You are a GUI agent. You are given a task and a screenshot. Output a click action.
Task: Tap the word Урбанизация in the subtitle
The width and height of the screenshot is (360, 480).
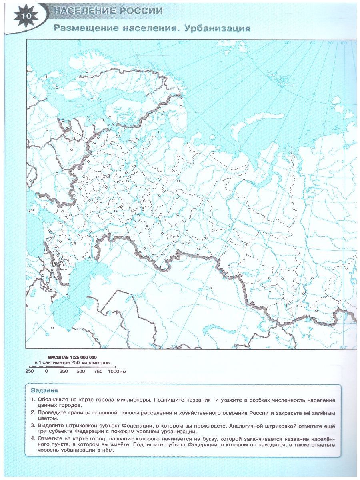click(216, 28)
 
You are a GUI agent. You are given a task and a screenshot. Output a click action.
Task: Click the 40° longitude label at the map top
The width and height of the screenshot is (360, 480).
click(287, 43)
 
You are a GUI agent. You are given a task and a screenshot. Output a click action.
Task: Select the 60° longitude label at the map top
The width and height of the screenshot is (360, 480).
click(313, 43)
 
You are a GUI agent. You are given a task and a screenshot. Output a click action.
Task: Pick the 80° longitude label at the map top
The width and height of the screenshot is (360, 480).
click(330, 43)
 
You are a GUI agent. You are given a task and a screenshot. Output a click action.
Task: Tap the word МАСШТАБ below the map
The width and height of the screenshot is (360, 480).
click(58, 357)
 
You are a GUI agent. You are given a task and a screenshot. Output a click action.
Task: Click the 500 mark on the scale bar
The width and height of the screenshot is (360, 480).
click(81, 372)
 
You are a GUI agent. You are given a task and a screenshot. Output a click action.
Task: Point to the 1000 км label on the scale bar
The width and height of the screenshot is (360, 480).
click(117, 372)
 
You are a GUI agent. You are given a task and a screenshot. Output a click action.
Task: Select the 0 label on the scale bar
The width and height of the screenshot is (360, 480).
click(46, 372)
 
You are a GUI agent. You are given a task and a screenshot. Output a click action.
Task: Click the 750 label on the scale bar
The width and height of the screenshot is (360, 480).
click(98, 372)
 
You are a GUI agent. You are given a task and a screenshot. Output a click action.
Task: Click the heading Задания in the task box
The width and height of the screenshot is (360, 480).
click(44, 390)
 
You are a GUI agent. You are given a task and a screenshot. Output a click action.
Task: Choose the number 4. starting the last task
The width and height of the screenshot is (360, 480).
click(33, 438)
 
